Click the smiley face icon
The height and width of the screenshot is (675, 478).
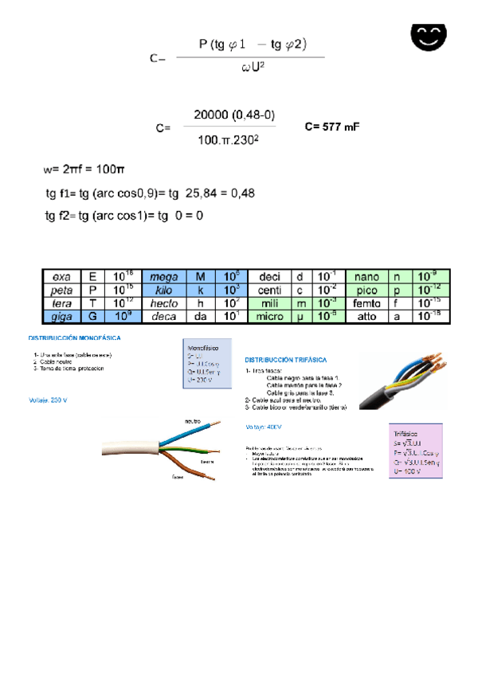coord(428,35)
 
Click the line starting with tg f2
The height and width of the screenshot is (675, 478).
coord(124,216)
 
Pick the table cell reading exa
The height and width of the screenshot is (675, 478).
coord(61,276)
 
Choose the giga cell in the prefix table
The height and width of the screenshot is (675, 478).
coord(61,316)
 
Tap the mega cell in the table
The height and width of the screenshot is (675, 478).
coord(163,276)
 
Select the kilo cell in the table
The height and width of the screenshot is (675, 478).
coord(163,290)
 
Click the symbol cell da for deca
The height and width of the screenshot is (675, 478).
coord(200,316)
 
